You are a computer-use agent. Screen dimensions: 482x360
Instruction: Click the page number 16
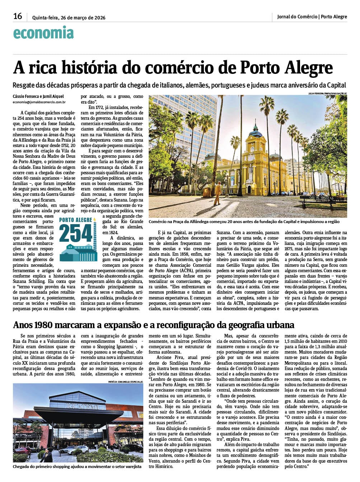coord(18,16)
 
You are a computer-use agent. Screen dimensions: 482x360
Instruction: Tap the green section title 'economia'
coord(43,33)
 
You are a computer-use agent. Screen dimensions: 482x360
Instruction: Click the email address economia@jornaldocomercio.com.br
coord(39,102)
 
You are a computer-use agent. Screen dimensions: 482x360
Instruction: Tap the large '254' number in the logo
coord(76,233)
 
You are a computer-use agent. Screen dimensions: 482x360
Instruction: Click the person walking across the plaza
coord(218,193)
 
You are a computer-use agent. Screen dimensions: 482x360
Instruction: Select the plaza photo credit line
coord(327,93)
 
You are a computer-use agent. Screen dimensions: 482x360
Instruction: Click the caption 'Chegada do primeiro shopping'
coord(77,467)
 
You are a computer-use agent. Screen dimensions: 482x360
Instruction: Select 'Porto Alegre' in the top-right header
coord(334,16)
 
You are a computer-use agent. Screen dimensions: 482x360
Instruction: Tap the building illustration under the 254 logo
coord(78,253)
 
